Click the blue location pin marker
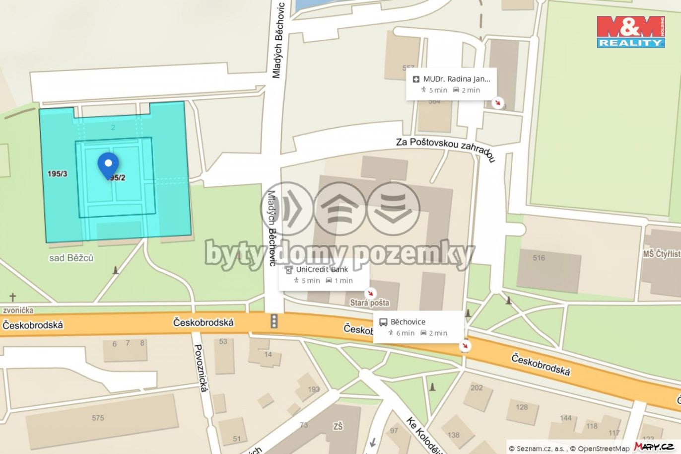coord(108,164)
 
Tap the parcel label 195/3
coord(58,174)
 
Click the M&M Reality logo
coord(631,31)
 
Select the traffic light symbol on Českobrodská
coord(273,321)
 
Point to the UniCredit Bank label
coord(322,269)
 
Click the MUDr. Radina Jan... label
coord(456,79)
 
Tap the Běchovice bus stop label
coord(408,322)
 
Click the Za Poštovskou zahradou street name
coord(445,149)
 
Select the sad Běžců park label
coord(71,258)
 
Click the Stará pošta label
coord(369,303)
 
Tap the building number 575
coord(98,418)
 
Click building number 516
coord(539,258)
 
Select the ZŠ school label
coord(338,426)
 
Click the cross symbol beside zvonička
coord(12,298)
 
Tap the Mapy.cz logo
coord(654,447)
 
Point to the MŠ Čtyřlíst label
coord(662,254)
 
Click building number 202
coord(477,387)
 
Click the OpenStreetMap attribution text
coord(604,449)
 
